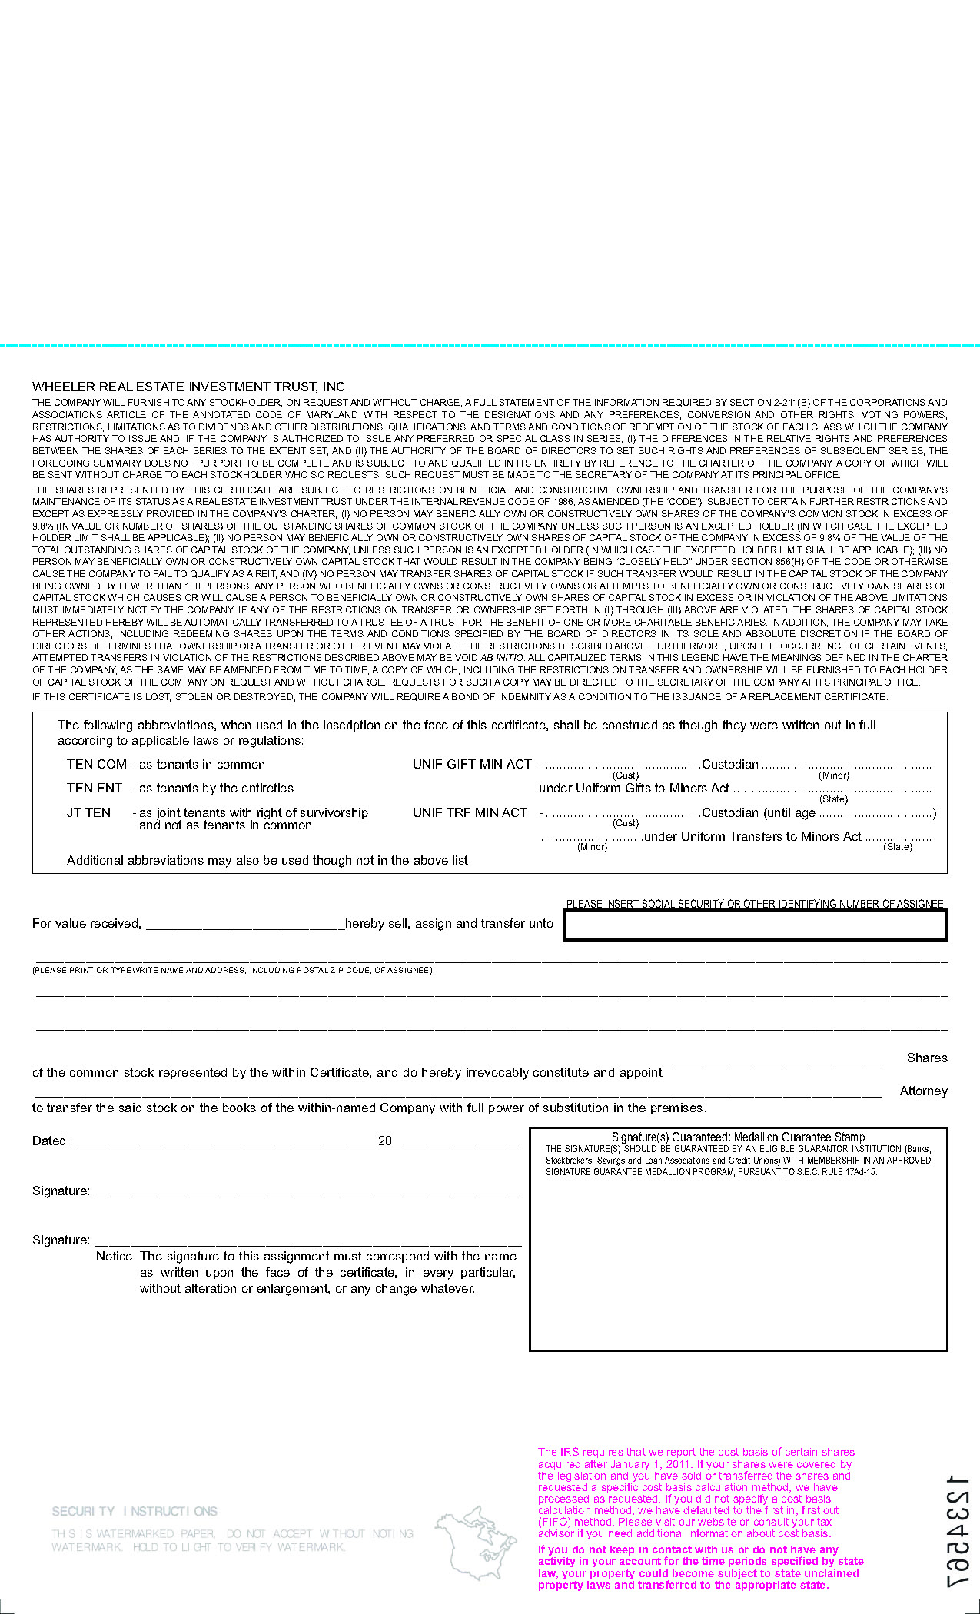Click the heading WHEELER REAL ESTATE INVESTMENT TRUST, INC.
coord(190,387)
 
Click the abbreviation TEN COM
coord(97,764)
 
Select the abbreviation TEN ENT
coord(95,788)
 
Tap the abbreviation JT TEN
coord(89,812)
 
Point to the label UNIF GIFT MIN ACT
coord(472,764)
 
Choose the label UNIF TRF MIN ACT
coord(470,812)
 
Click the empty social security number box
coord(755,925)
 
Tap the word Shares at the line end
coord(926,1058)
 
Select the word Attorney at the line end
coord(923,1091)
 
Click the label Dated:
coord(51,1141)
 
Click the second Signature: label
coord(61,1240)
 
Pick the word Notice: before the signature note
coord(116,1256)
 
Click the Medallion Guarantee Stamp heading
coord(738,1137)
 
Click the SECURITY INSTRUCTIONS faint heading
coord(135,1511)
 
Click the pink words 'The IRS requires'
coord(580,1452)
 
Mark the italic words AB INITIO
coord(502,658)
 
